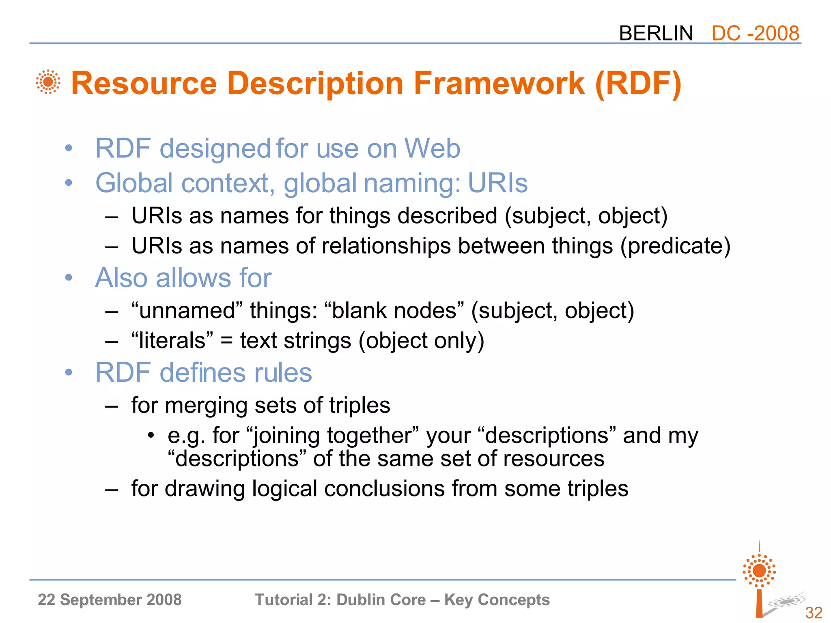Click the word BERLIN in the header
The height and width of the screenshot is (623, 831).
pyautogui.click(x=656, y=33)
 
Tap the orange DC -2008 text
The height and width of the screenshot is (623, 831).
pyautogui.click(x=755, y=33)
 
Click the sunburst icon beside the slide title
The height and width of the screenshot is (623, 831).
pyautogui.click(x=48, y=82)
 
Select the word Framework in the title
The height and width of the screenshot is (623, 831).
pyautogui.click(x=499, y=83)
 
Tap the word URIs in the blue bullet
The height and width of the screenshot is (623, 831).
pyautogui.click(x=497, y=183)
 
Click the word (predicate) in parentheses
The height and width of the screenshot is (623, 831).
pyautogui.click(x=675, y=246)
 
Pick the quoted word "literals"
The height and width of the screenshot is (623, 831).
pyautogui.click(x=172, y=341)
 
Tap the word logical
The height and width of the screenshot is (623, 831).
pyautogui.click(x=284, y=489)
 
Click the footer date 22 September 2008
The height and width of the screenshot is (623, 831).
pyautogui.click(x=110, y=599)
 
